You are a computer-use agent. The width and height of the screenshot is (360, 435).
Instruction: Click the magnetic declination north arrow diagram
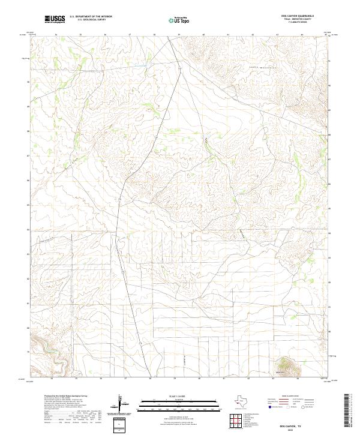pyautogui.click(x=121, y=404)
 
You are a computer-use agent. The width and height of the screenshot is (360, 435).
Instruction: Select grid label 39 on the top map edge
pyautogui.click(x=179, y=35)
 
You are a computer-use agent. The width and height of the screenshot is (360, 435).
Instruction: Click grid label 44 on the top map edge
pyautogui.click(x=302, y=35)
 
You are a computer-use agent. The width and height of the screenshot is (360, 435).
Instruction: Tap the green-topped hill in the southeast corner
pyautogui.click(x=285, y=365)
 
